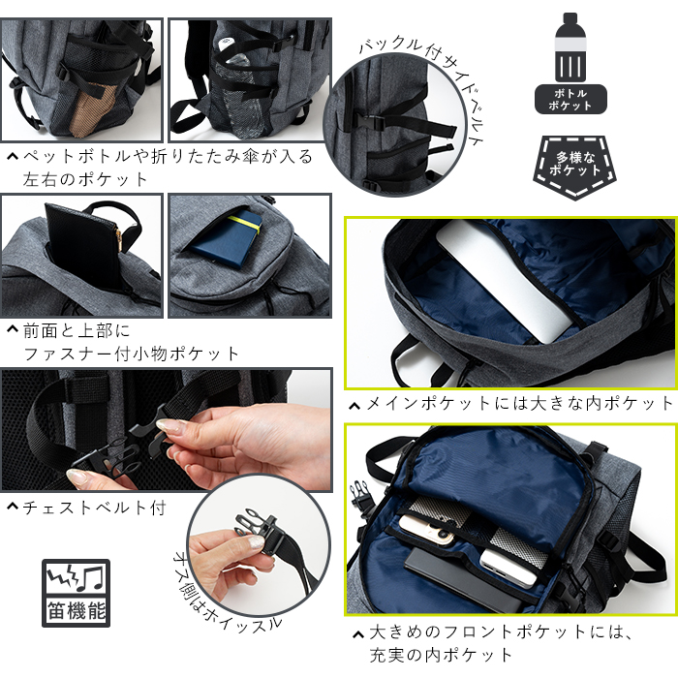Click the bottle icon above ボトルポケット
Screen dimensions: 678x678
pos(570,46)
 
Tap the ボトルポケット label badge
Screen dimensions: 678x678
pos(570,100)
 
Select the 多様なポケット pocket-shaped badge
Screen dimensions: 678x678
pos(574,167)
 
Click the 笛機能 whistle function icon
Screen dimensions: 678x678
pos(77,593)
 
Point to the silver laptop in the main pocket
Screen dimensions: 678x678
pos(506,281)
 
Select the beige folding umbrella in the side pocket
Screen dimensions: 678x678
pos(91,111)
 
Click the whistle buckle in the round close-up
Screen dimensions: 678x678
pos(255,529)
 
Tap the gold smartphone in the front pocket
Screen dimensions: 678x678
pos(429,529)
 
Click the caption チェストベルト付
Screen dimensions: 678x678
pos(94,508)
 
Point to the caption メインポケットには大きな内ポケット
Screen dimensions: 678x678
pos(520,404)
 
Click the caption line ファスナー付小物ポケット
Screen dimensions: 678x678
pos(131,354)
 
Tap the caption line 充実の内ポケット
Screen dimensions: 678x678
pos(441,655)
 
